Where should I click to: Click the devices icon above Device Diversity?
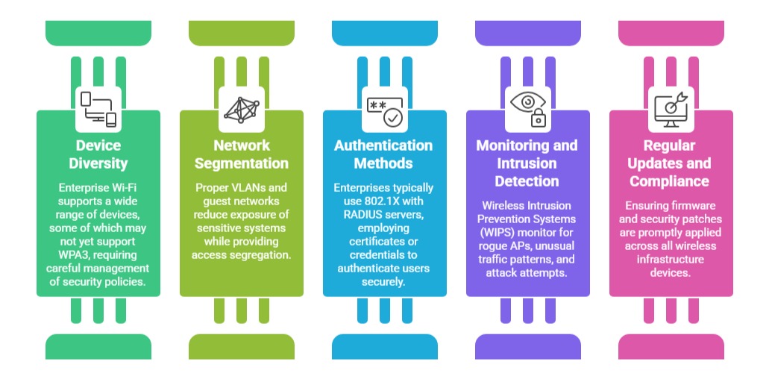coord(98,109)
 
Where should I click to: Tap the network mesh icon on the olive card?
coord(242,109)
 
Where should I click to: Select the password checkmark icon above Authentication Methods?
coord(385,109)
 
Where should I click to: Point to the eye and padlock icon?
coord(528,109)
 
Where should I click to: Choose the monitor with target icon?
coord(671,109)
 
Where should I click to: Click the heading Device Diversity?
coord(98,154)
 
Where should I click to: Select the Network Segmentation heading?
coord(242,154)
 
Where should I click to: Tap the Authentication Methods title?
coord(385,154)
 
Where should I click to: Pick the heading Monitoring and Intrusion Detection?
coord(528,163)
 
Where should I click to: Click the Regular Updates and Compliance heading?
coord(671,163)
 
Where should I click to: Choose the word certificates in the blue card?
coord(377,242)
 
